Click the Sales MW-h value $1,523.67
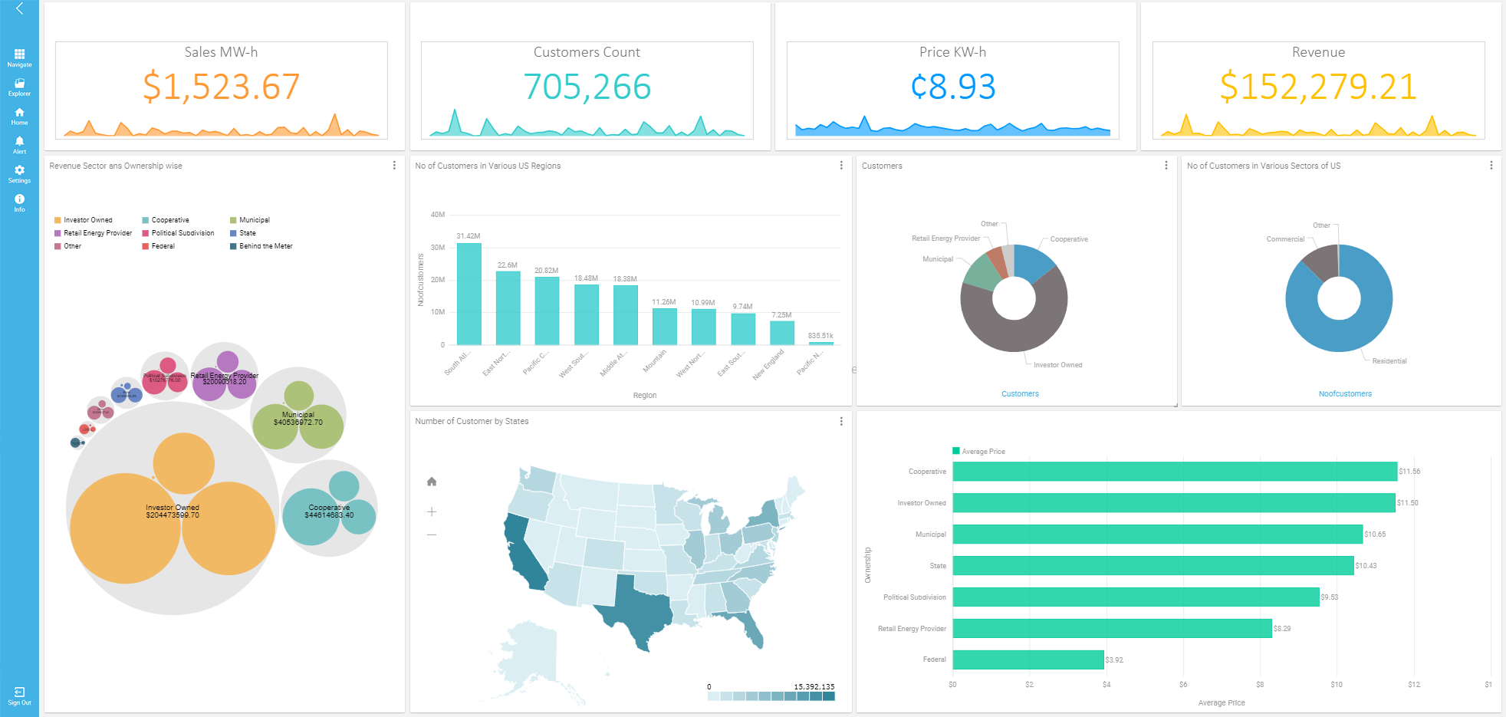coord(221,87)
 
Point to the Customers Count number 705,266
coord(587,87)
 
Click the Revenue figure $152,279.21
coord(1317,87)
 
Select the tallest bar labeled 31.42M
coord(469,294)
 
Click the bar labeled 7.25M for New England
coord(781,333)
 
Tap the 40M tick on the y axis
coord(438,215)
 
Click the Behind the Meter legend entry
coord(265,246)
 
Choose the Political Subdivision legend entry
coord(182,233)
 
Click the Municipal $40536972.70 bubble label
coord(298,419)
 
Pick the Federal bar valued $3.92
coord(1028,659)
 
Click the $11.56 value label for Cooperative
coord(1409,472)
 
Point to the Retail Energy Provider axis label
coord(912,629)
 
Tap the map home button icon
coord(432,482)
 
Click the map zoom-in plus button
coord(432,511)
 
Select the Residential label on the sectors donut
coord(1389,361)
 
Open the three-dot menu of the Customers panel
coord(1166,166)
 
